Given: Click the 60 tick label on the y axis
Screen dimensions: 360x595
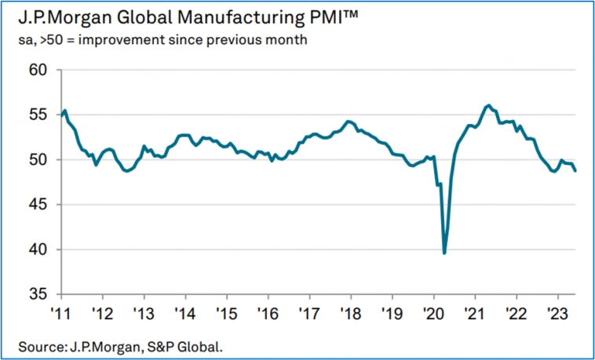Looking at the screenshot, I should pyautogui.click(x=39, y=70).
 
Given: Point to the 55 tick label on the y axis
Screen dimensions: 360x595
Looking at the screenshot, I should pyautogui.click(x=39, y=115).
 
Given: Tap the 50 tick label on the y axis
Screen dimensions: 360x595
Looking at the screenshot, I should pyautogui.click(x=39, y=160).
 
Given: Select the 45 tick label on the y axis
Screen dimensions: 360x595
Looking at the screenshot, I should pyautogui.click(x=39, y=205).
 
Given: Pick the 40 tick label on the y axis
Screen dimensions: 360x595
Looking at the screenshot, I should pyautogui.click(x=39, y=249).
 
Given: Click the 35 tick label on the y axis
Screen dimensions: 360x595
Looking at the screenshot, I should pyautogui.click(x=39, y=295).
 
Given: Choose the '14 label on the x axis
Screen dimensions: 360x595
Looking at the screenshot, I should pyautogui.click(x=185, y=310).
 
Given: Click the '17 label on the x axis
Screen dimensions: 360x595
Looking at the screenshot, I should pyautogui.click(x=309, y=310).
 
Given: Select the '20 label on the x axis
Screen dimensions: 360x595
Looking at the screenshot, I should pyautogui.click(x=433, y=310).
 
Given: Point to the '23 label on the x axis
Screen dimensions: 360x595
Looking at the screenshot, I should pyautogui.click(x=557, y=310).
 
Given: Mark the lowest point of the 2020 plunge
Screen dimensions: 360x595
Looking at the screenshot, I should pyautogui.click(x=444, y=253).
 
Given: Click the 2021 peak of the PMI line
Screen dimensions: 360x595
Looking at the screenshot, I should pyautogui.click(x=488, y=105).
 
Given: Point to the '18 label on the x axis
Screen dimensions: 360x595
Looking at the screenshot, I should pyautogui.click(x=351, y=310).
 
